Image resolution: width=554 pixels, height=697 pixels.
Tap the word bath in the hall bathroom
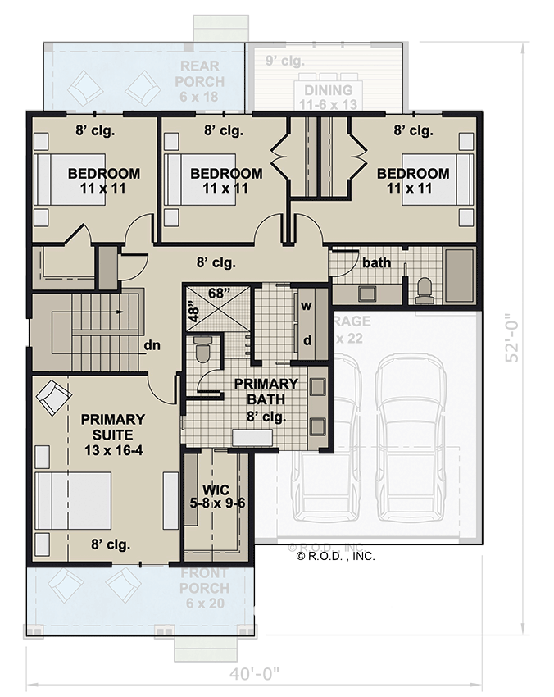tap(377, 263)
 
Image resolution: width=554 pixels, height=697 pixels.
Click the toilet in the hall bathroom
tap(424, 288)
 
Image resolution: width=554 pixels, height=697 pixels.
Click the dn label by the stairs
tap(152, 345)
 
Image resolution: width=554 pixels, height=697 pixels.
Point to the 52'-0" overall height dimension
tap(514, 336)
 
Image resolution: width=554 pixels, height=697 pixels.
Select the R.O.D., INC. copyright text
tap(335, 556)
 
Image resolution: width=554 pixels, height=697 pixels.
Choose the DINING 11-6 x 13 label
tap(328, 97)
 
